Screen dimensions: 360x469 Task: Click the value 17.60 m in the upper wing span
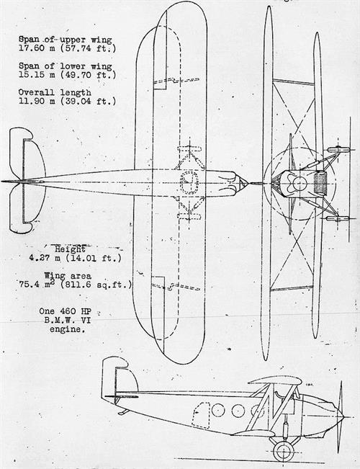(37, 48)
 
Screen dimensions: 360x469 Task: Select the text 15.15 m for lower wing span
(37, 74)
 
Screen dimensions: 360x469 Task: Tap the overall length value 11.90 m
(37, 101)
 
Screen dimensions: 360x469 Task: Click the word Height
(71, 249)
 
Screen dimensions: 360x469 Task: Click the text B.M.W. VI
(68, 321)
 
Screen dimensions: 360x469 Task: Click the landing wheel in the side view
(283, 451)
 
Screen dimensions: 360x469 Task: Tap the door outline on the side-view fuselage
(201, 416)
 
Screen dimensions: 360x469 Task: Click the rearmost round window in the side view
(218, 410)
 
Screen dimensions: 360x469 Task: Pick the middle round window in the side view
(238, 411)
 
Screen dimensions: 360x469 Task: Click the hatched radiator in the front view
(320, 183)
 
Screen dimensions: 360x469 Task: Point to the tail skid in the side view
(123, 412)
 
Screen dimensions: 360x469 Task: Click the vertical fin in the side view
(120, 378)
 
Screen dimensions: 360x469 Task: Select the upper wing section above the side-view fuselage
(275, 381)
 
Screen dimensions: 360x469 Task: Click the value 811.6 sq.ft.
(96, 285)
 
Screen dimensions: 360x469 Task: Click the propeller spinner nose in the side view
(339, 416)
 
